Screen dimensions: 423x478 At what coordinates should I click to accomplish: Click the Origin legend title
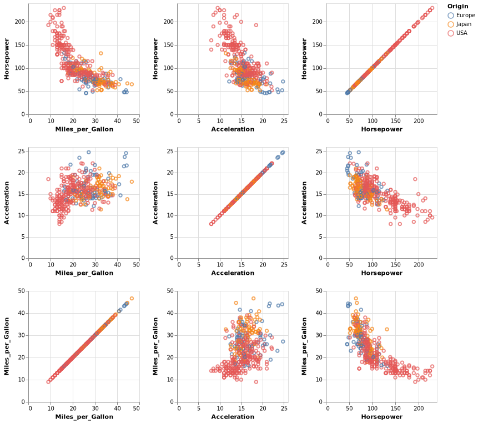[457, 6]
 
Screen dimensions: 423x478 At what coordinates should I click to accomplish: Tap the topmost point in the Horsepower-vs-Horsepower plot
[432, 8]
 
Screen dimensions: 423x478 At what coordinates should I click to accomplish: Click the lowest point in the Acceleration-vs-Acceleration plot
[211, 224]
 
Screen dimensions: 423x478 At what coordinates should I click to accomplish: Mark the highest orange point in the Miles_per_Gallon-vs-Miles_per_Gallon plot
[132, 298]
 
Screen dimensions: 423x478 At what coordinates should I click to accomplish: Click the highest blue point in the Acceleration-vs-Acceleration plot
[283, 152]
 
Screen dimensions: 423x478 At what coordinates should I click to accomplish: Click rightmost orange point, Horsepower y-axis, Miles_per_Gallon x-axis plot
[132, 84]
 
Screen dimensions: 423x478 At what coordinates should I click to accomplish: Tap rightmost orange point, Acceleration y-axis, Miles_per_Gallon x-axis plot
[132, 182]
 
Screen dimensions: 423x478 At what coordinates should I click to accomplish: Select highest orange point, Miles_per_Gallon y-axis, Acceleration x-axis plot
[254, 298]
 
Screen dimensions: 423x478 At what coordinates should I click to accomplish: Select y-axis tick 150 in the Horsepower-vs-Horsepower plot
[320, 45]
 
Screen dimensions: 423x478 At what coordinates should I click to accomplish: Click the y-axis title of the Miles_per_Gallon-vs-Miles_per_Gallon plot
[7, 346]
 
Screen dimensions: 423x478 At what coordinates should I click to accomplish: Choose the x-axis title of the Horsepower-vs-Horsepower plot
[381, 129]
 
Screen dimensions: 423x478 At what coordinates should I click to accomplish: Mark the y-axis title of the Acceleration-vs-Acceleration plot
[156, 203]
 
